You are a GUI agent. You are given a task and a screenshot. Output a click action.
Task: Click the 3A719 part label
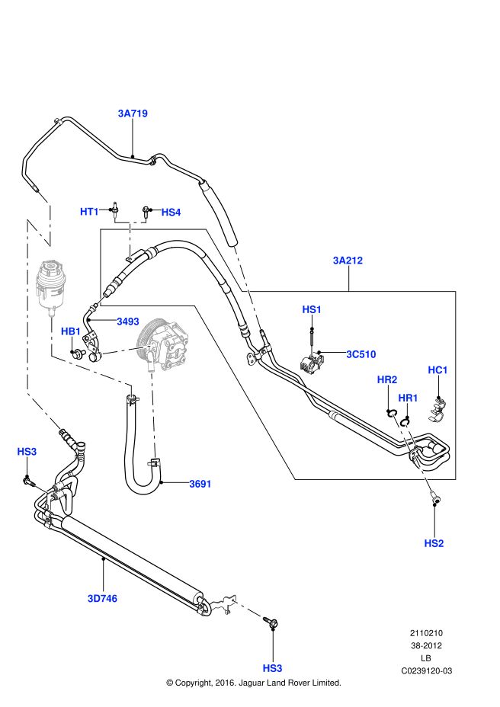pos(133,114)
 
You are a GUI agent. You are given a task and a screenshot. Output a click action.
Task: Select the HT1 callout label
pos(90,212)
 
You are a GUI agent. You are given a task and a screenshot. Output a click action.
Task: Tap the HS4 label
pos(171,213)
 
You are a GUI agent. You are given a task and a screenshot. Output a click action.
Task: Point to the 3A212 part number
pos(348,261)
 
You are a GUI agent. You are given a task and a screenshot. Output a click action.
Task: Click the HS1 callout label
pos(312,309)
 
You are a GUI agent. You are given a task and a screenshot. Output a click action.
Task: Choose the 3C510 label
pos(361,354)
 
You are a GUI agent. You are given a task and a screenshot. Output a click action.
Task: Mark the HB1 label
pos(71,331)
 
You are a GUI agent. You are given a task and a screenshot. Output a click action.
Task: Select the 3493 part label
pos(127,322)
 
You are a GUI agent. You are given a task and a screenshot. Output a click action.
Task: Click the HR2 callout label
pos(387,379)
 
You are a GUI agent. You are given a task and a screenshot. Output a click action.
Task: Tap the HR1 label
pos(408,398)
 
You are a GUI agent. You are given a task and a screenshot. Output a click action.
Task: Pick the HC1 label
pos(437,370)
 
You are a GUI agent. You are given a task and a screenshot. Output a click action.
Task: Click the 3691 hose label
pos(200,484)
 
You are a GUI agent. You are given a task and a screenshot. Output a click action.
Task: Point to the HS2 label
pos(434,543)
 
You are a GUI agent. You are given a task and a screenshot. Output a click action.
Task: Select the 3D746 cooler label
pos(102,599)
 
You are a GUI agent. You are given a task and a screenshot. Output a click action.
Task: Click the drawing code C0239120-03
pos(427,670)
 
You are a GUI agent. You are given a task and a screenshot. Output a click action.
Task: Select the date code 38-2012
pos(427,646)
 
